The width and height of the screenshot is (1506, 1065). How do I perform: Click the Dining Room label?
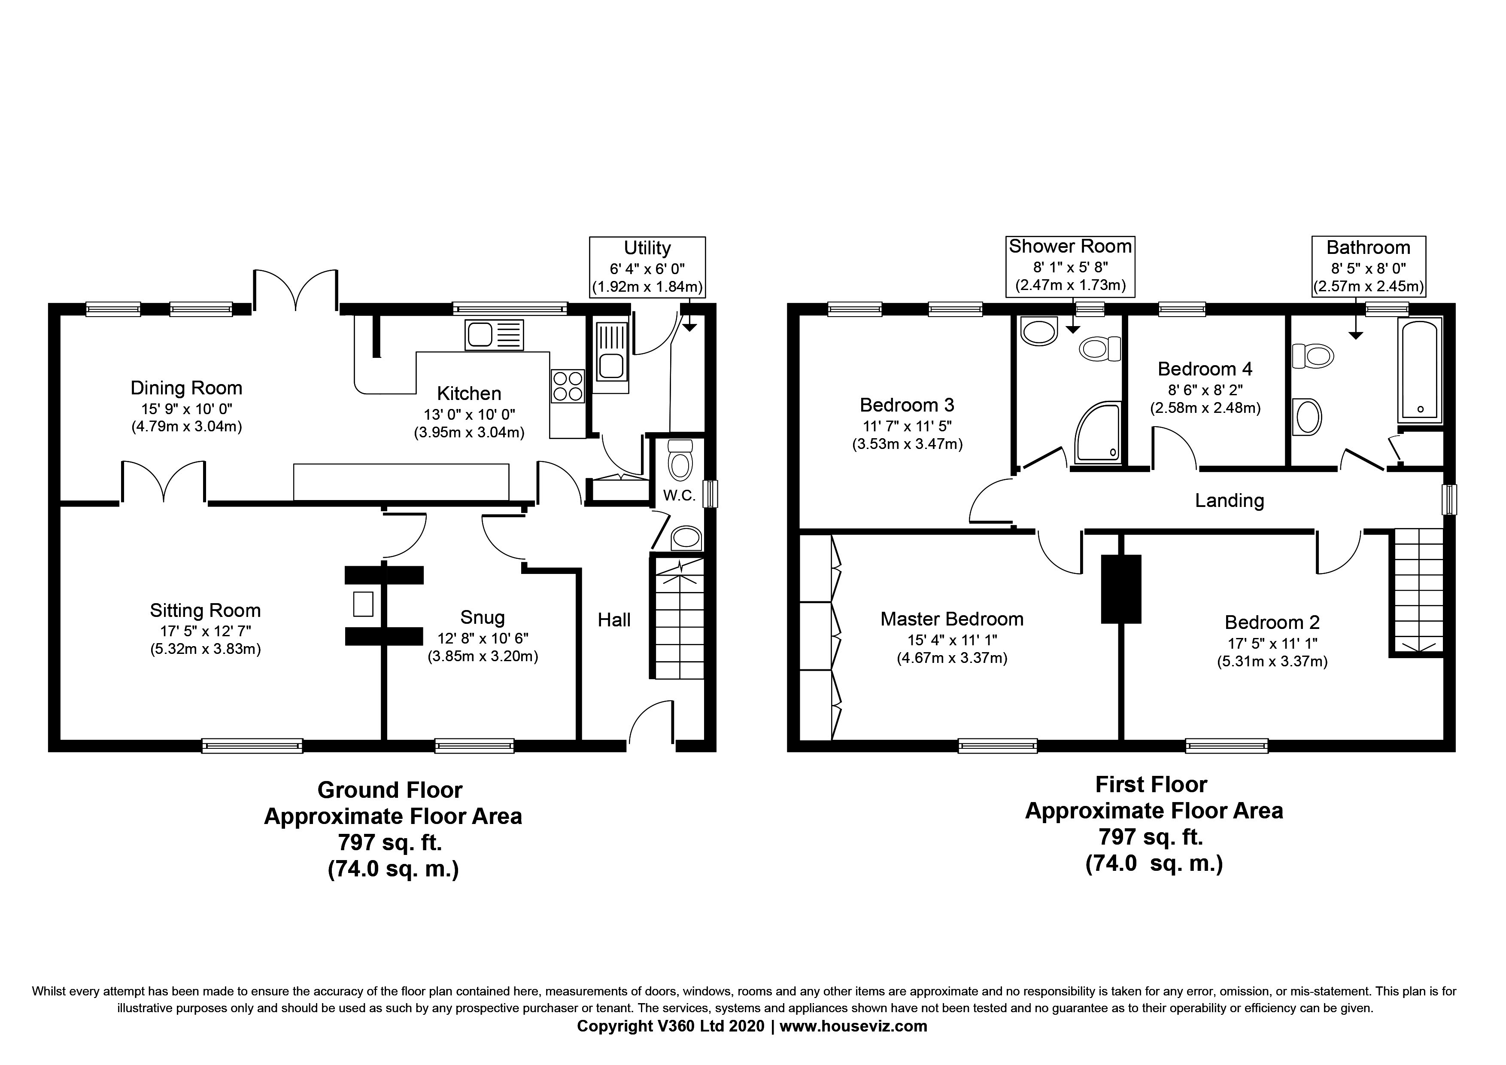pos(186,388)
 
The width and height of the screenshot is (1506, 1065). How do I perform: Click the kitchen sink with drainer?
pos(494,335)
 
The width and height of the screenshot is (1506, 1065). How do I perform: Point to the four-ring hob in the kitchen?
pos(568,386)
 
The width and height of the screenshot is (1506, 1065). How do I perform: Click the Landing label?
pos(1229,500)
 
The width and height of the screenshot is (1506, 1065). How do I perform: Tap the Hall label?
pos(614,620)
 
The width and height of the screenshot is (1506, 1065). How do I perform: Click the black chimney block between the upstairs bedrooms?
pos(1121,589)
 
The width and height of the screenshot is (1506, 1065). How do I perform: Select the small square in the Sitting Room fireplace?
pos(363,604)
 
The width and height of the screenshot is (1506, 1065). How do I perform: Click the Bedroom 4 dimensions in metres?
pos(1205,408)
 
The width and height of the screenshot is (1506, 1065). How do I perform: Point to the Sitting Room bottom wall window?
pos(252,745)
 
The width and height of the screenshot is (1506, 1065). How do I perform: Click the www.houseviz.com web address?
pos(853,1026)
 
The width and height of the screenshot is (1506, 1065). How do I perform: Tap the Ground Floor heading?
pos(390,790)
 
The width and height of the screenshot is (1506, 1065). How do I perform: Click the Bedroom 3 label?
pos(907,405)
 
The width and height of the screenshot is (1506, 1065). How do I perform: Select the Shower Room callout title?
pos(1070,246)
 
